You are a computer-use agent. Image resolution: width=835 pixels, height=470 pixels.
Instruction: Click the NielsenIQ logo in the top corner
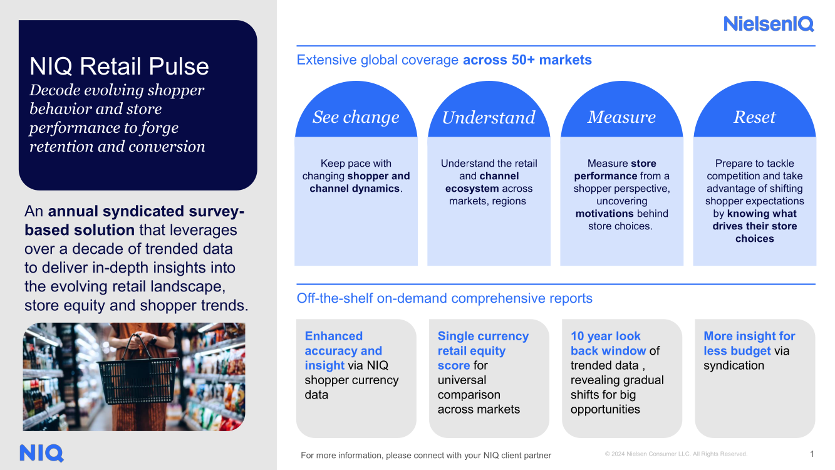click(x=769, y=24)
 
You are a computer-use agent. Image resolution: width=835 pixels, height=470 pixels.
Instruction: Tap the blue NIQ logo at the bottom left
click(x=41, y=453)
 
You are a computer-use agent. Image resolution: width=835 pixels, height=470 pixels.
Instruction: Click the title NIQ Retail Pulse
click(x=119, y=66)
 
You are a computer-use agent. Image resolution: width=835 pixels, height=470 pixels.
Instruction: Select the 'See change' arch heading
click(x=356, y=117)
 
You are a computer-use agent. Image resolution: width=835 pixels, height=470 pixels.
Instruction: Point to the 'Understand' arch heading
click(x=489, y=117)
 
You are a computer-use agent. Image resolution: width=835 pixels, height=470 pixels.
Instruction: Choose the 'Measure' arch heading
click(x=622, y=117)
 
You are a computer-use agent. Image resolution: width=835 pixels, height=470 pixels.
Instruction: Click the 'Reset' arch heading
click(x=754, y=117)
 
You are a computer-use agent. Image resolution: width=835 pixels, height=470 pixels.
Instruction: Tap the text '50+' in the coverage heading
click(x=523, y=60)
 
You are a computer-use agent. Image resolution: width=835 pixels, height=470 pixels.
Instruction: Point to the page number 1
click(x=812, y=454)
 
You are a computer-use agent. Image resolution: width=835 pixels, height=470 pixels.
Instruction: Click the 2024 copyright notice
click(x=676, y=454)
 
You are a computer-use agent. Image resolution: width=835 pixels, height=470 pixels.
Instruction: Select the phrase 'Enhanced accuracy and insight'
click(x=343, y=351)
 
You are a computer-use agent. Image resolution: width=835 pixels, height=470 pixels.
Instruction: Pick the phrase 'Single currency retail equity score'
click(x=483, y=351)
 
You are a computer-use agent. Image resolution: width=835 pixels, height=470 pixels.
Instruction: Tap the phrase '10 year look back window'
click(x=608, y=343)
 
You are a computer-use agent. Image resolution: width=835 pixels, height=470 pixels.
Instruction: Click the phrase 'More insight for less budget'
click(x=749, y=343)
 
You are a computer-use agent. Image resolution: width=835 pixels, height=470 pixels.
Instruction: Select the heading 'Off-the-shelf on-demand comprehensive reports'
click(x=444, y=298)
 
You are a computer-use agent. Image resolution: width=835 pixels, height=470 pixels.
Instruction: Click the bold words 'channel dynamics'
click(x=355, y=189)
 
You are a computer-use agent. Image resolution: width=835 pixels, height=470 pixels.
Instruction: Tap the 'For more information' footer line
click(x=426, y=455)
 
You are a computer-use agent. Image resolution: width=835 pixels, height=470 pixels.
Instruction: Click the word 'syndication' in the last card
click(x=734, y=365)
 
